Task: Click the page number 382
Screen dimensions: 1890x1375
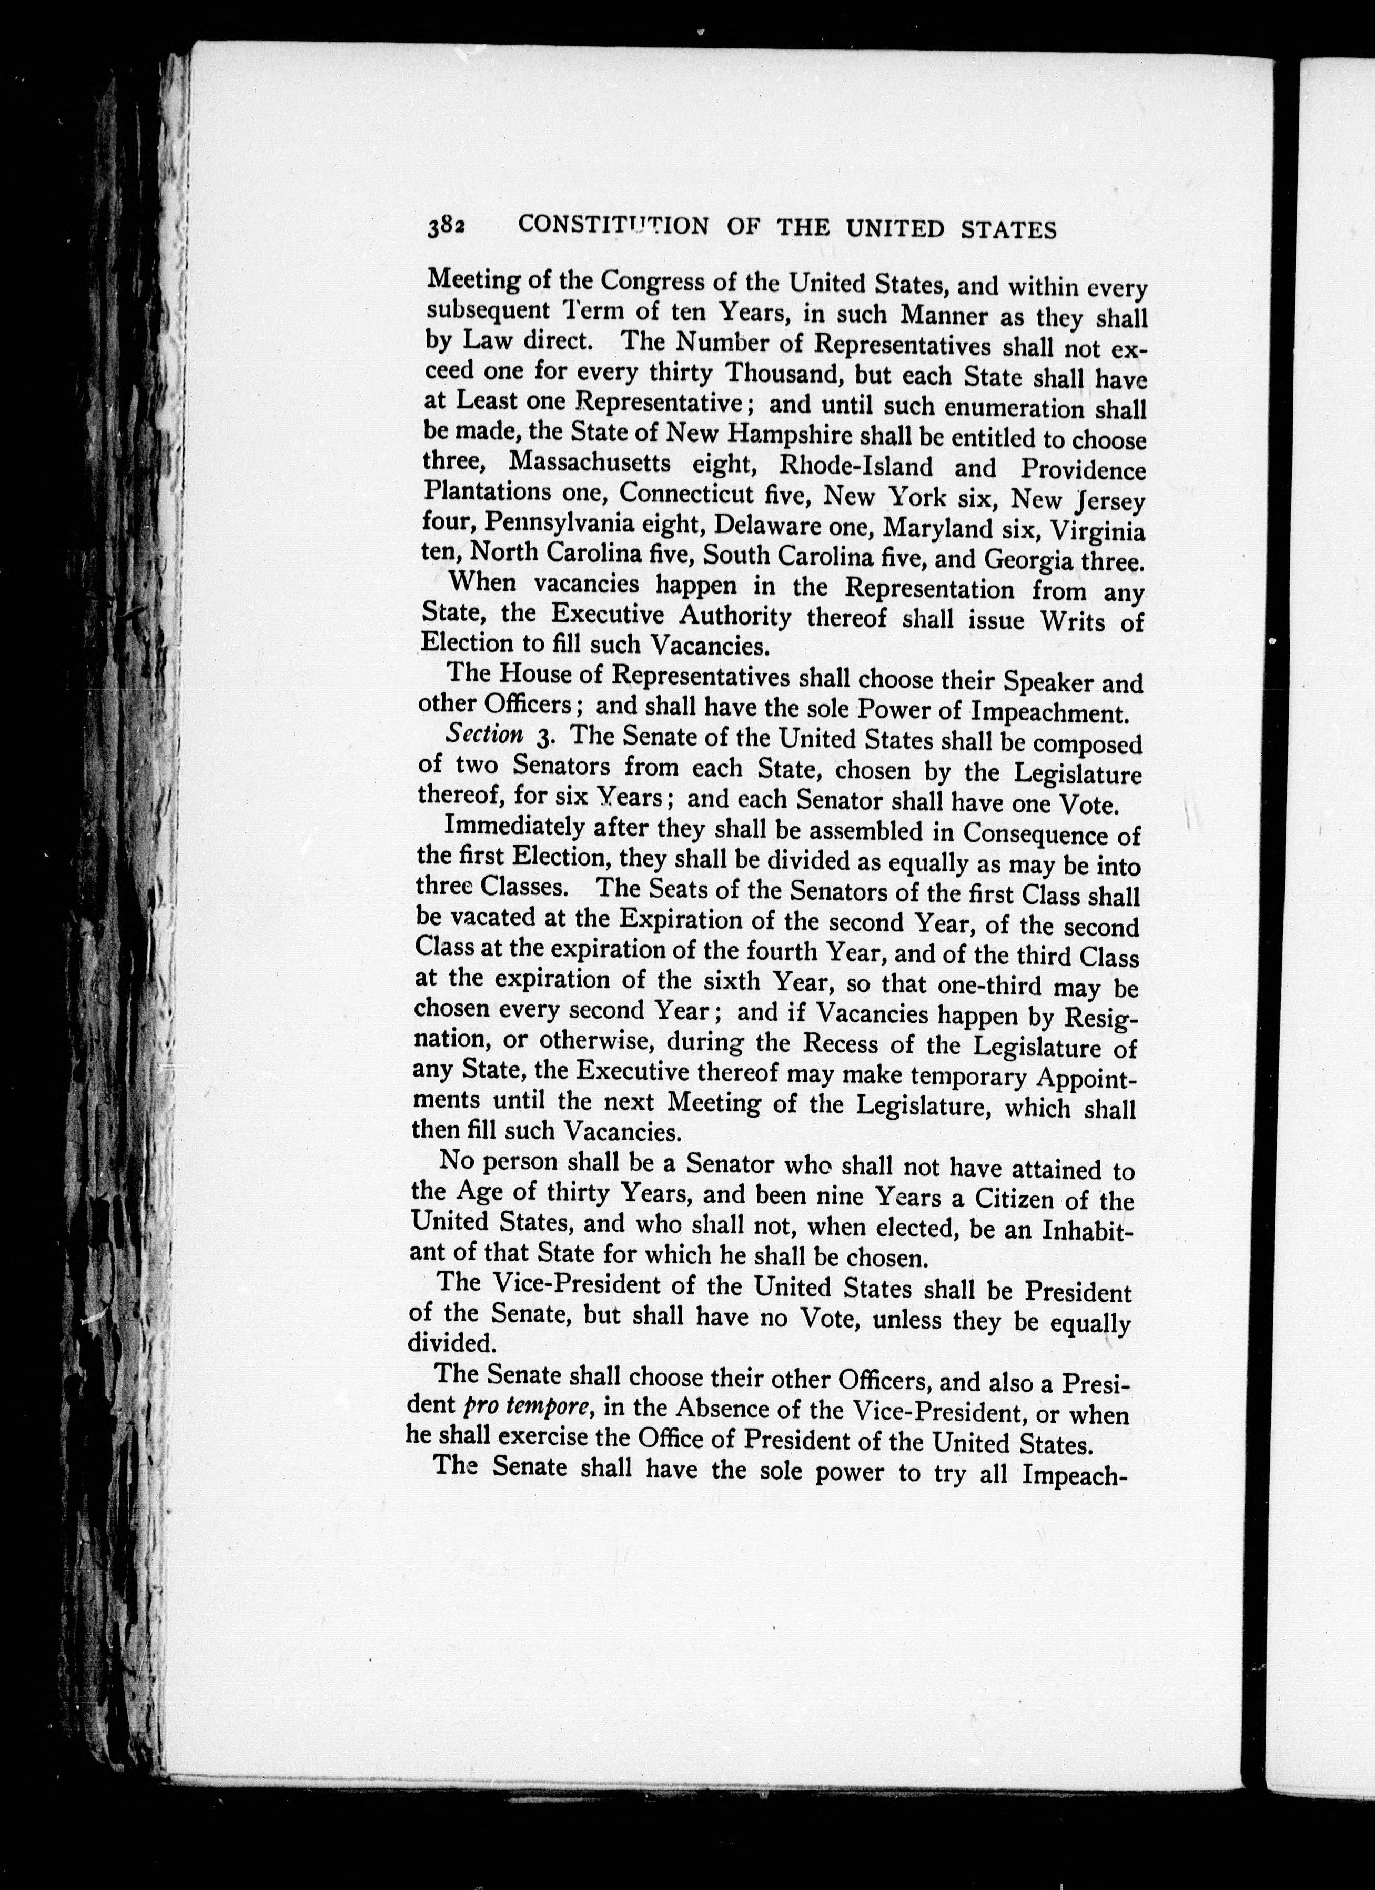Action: click(x=447, y=227)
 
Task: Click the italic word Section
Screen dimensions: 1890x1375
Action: click(x=484, y=735)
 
